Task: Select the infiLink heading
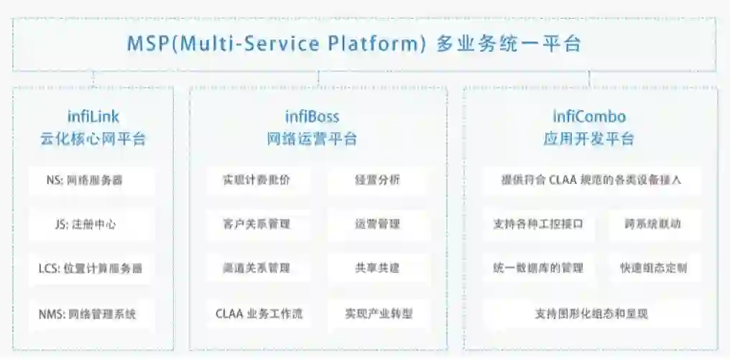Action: click(x=93, y=116)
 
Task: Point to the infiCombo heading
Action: click(x=589, y=116)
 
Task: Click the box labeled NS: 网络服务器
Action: click(x=91, y=180)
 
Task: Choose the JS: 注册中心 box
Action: click(x=91, y=224)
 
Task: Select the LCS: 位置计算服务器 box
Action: click(x=91, y=269)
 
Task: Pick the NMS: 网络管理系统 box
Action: click(x=91, y=313)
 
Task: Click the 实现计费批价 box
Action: click(x=257, y=180)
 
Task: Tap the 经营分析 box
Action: click(x=377, y=180)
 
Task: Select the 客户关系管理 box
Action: click(x=257, y=224)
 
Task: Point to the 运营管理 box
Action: click(x=377, y=224)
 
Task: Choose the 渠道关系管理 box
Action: click(x=257, y=269)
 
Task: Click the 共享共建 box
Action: click(x=377, y=269)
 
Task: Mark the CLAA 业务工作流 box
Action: click(x=257, y=313)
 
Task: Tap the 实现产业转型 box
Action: click(x=377, y=313)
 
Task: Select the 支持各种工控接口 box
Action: click(x=539, y=224)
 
